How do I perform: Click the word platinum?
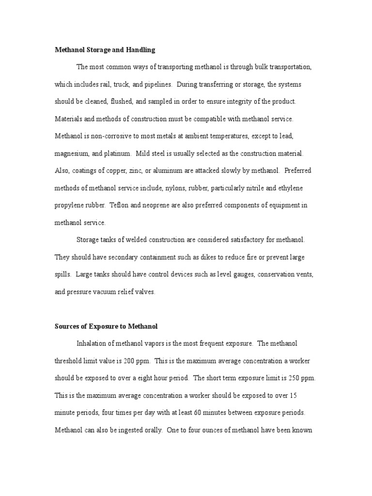coord(118,153)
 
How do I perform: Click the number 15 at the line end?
coord(293,395)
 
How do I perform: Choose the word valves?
coord(144,292)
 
